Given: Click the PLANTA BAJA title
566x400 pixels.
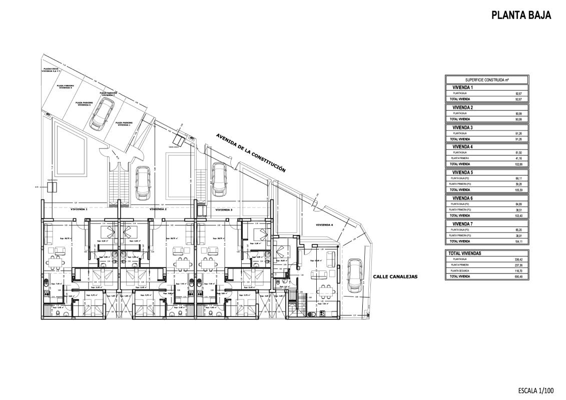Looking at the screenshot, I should pyautogui.click(x=521, y=15).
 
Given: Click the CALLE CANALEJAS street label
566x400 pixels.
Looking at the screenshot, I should pyautogui.click(x=395, y=276).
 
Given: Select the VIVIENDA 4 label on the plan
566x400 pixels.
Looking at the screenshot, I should pyautogui.click(x=324, y=225).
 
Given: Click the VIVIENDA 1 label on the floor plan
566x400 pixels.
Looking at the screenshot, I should pyautogui.click(x=79, y=209).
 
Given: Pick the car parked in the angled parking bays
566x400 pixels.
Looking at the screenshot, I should pyautogui.click(x=102, y=112).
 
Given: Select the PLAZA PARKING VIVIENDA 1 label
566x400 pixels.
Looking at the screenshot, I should pyautogui.click(x=124, y=123).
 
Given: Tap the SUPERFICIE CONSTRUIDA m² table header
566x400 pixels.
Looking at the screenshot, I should pyautogui.click(x=487, y=80).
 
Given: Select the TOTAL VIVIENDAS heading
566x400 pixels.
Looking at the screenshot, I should pyautogui.click(x=465, y=253).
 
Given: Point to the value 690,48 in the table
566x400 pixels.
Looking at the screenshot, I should pyautogui.click(x=520, y=276).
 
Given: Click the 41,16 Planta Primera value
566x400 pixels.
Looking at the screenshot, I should pyautogui.click(x=520, y=158).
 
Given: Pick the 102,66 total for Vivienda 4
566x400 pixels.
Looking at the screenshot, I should pyautogui.click(x=520, y=164).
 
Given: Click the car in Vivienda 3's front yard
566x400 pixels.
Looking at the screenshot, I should pyautogui.click(x=218, y=179).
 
